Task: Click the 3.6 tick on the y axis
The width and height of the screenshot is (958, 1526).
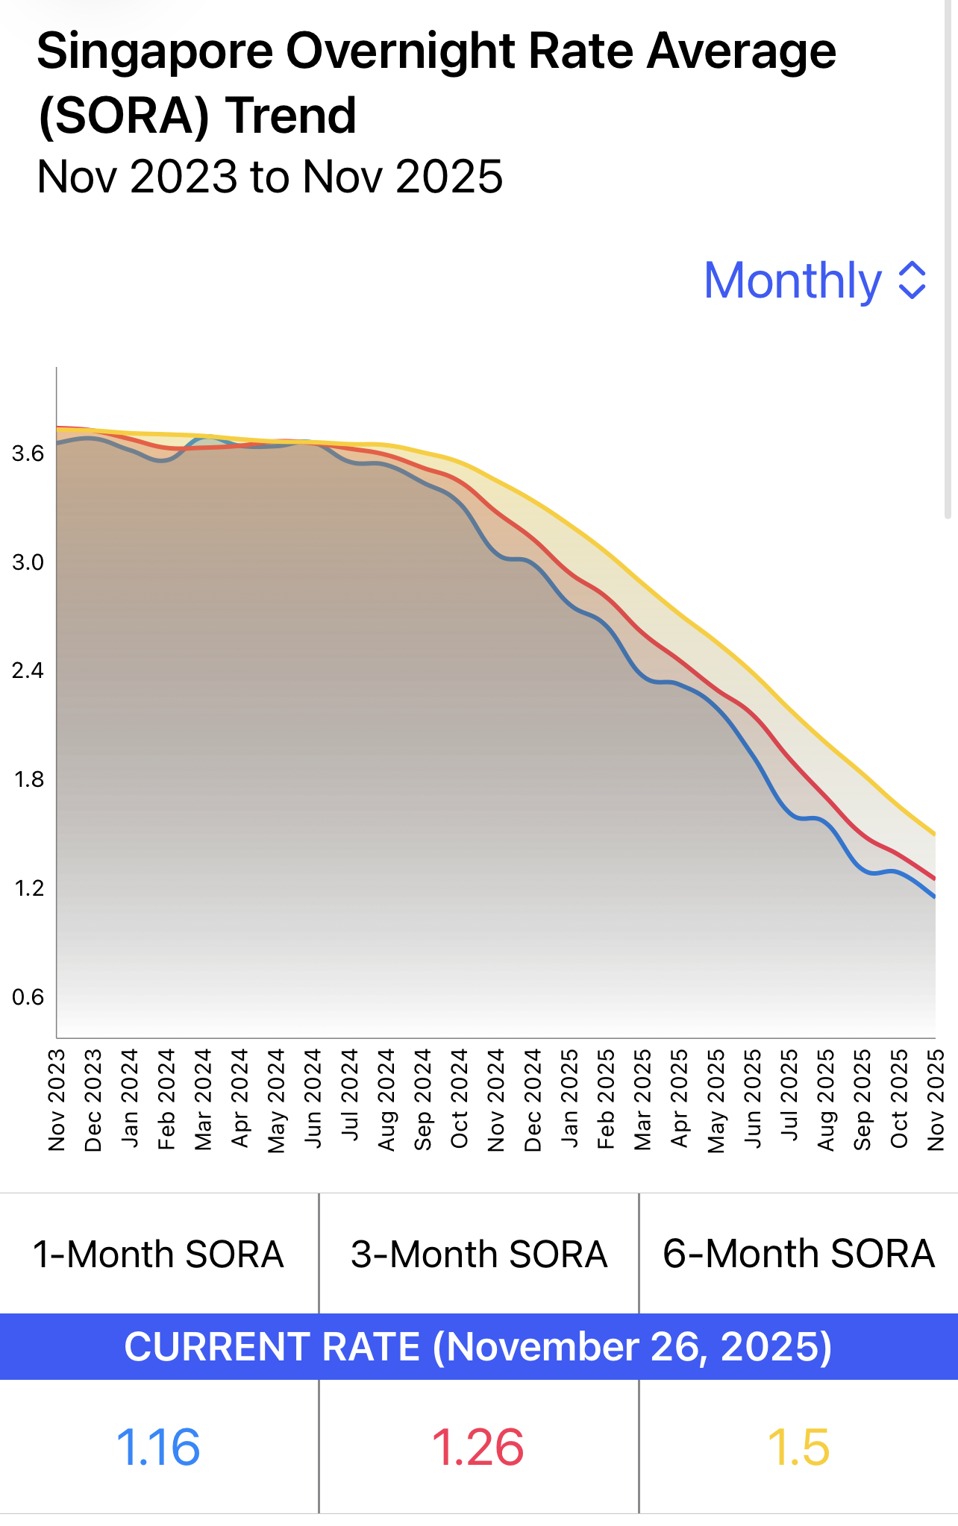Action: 28,453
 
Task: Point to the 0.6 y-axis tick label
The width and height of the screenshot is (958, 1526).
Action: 28,997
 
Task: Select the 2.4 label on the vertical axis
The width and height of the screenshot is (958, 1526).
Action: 28,671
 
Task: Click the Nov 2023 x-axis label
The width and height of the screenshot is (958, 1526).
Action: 57,1100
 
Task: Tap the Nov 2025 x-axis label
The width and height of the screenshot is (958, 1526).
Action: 936,1100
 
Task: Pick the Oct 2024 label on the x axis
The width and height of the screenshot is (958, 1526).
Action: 460,1100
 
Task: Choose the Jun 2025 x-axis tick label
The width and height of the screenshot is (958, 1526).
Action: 753,1100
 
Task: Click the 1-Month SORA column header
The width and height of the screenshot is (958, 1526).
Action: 158,1255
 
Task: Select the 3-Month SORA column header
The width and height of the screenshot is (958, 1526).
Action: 479,1255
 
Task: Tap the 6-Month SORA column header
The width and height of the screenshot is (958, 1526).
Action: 798,1255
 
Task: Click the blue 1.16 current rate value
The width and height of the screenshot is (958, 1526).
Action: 158,1447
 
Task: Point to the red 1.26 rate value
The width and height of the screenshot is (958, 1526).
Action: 478,1447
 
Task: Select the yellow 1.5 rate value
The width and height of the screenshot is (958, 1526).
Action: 798,1447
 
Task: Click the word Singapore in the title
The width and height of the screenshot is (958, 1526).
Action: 155,52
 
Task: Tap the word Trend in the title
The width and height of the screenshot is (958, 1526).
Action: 291,116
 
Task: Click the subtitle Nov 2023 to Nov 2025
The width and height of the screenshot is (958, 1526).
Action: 269,177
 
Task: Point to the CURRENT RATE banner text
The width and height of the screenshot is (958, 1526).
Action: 478,1347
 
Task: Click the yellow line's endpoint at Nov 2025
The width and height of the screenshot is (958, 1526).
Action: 935,835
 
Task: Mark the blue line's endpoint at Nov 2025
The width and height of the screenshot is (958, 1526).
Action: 935,897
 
